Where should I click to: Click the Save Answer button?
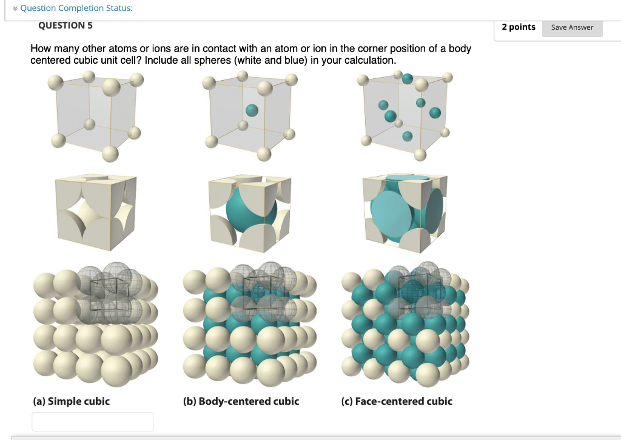click(572, 27)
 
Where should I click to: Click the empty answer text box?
click(92, 421)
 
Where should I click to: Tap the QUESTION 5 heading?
click(65, 25)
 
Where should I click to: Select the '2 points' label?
click(519, 27)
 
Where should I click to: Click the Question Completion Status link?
click(76, 8)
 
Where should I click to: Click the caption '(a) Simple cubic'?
click(72, 401)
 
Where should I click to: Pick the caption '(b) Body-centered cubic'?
click(241, 401)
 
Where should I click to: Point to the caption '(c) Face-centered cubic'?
click(397, 401)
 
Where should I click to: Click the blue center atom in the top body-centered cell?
click(252, 110)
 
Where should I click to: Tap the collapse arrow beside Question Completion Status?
click(15, 8)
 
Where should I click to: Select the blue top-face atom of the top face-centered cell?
click(407, 78)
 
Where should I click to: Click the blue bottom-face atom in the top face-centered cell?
click(407, 137)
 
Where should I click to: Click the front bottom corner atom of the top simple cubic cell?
click(110, 154)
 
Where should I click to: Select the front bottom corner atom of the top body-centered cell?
click(264, 154)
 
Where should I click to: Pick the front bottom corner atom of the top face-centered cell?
click(420, 155)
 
